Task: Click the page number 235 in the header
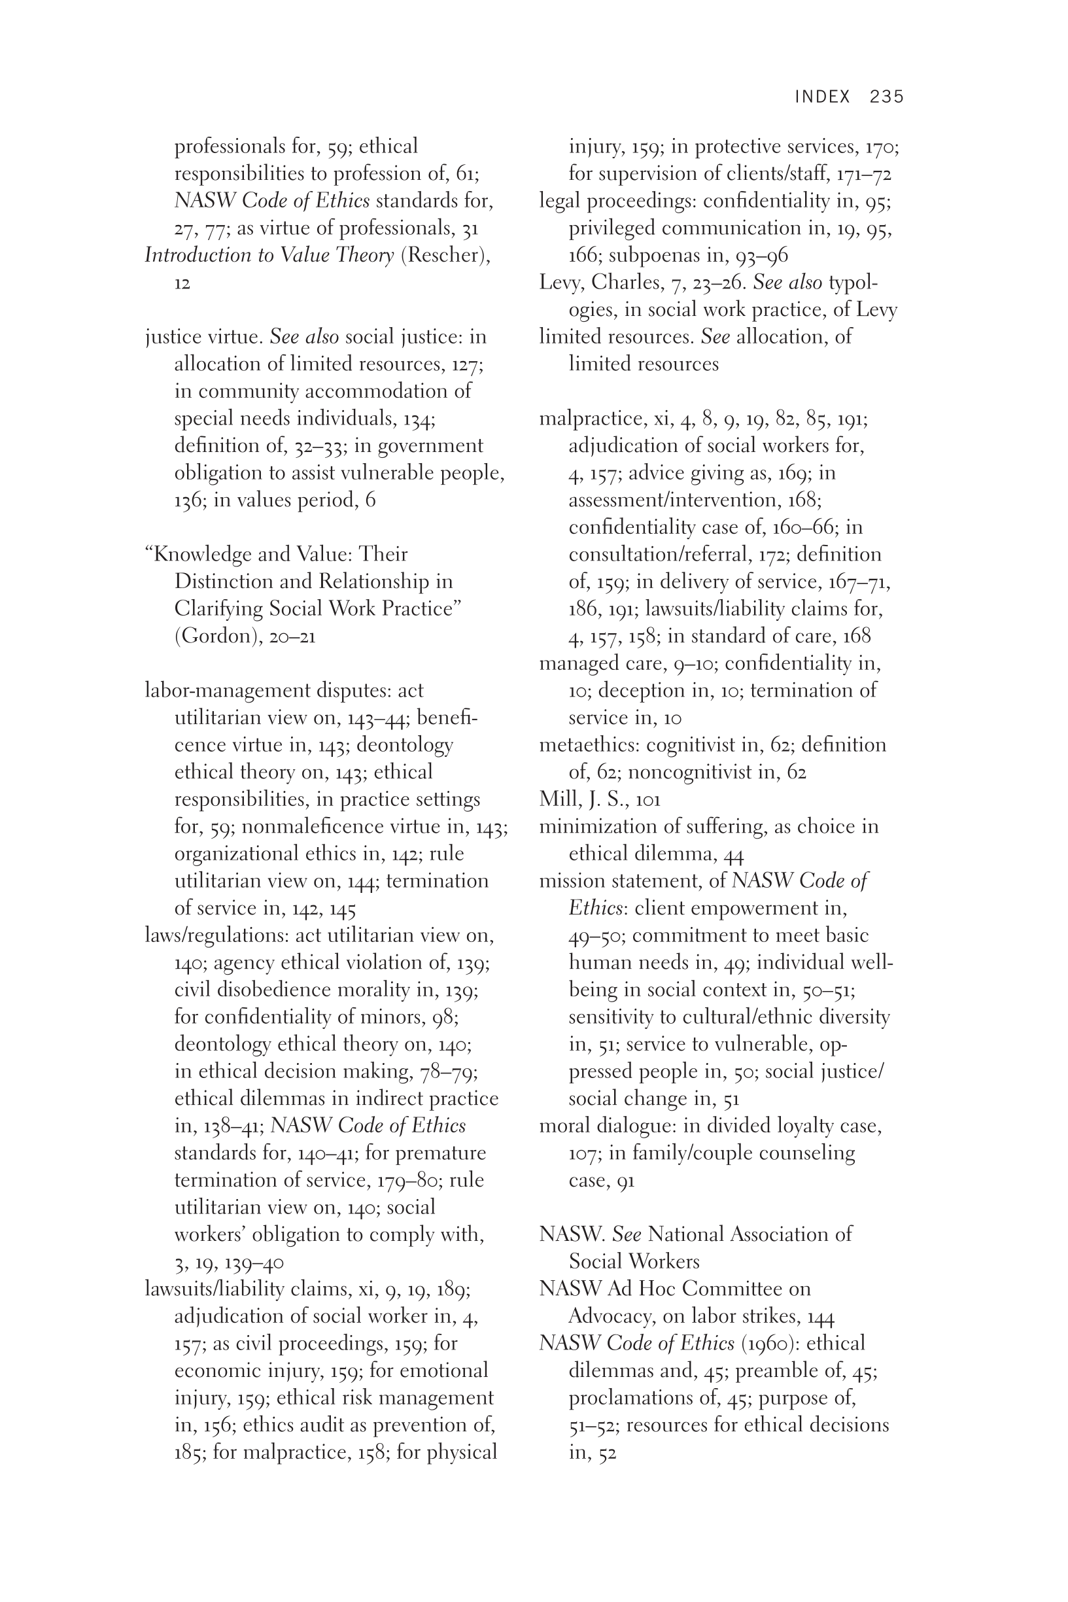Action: [x=886, y=97]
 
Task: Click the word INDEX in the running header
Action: [x=823, y=97]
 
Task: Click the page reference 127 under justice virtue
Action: [x=466, y=364]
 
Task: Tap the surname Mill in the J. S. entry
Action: [x=557, y=799]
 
